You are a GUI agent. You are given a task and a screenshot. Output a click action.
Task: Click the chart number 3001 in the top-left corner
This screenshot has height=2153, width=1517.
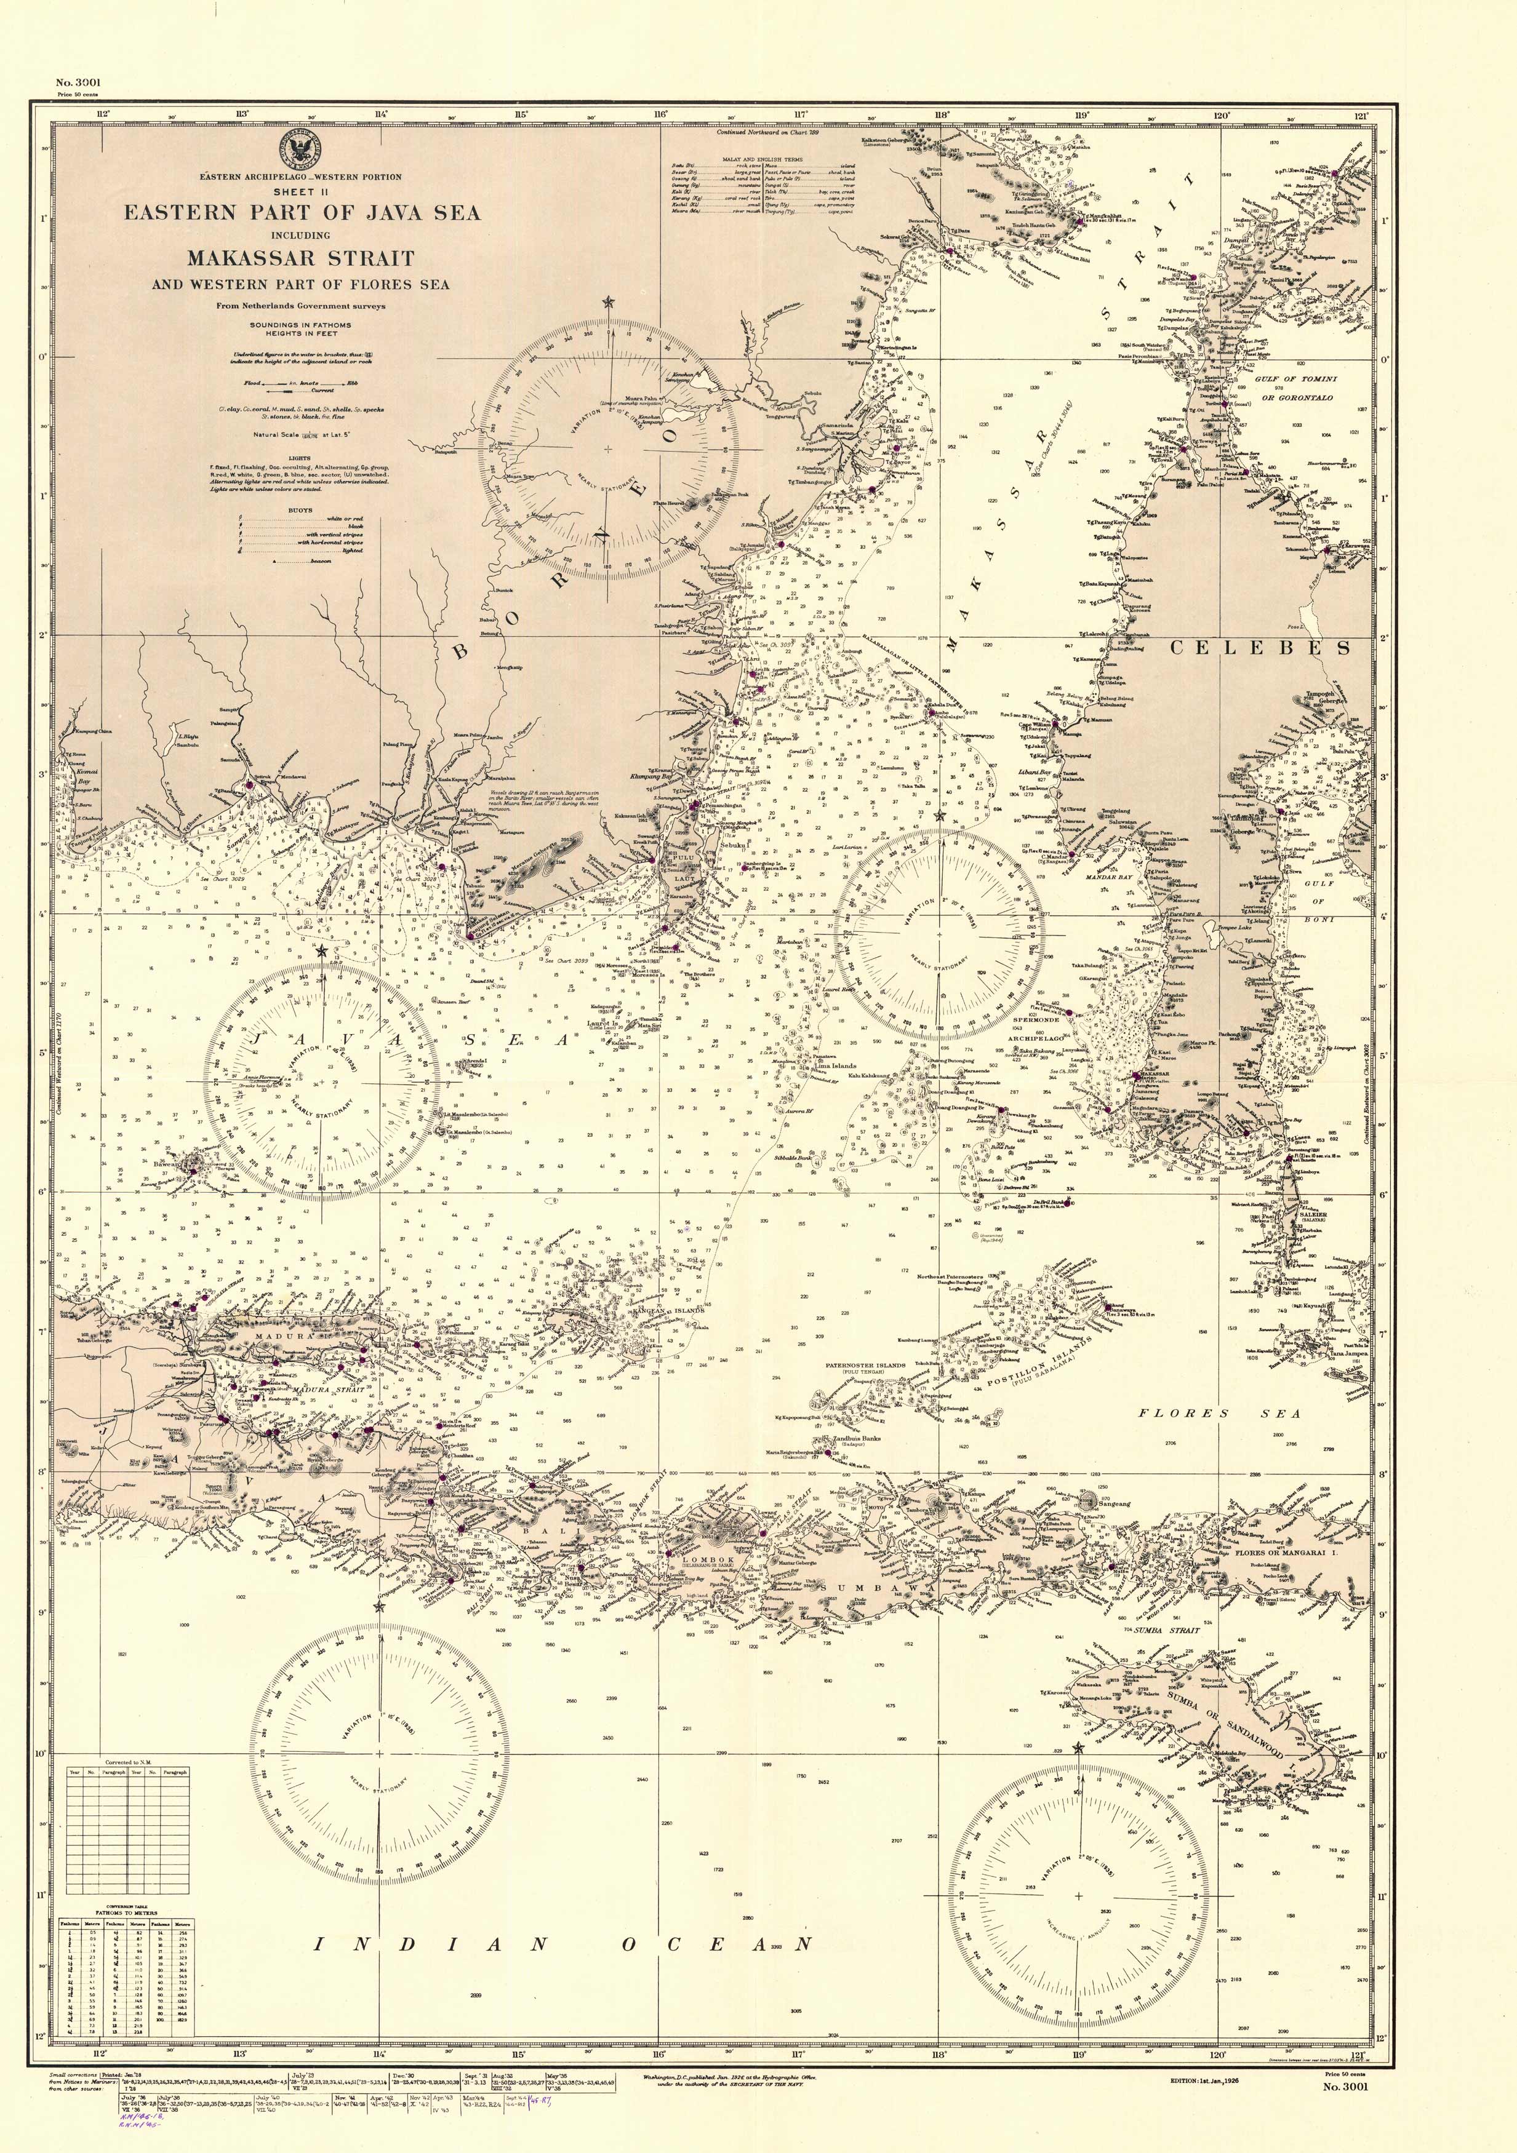78,82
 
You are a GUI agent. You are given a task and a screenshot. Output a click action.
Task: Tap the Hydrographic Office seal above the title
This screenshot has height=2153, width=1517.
301,149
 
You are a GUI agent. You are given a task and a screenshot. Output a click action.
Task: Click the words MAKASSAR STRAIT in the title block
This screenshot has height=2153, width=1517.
300,258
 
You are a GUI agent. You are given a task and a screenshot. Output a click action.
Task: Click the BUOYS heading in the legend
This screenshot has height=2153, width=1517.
300,510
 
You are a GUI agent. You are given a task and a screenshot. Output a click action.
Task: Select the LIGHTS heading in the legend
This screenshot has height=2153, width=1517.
300,458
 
